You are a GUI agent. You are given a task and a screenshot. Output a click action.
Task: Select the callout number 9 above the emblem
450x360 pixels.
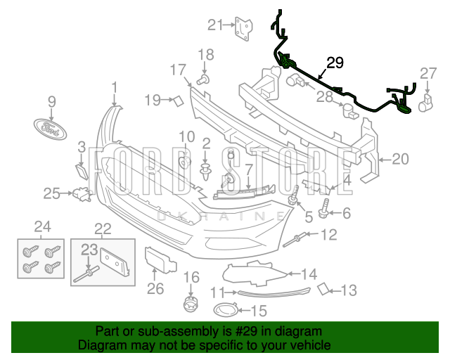point(51,102)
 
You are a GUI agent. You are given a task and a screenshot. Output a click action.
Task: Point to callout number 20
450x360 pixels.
point(399,160)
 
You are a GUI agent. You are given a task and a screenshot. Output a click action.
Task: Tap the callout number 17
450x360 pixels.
point(177,70)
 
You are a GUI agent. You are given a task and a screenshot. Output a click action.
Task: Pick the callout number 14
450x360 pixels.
point(309,274)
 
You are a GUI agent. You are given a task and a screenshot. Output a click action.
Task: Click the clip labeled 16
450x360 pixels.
point(188,304)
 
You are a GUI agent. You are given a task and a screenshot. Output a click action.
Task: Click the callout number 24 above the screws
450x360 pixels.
point(42,226)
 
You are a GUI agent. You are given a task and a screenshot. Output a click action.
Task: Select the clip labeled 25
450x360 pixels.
point(82,194)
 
